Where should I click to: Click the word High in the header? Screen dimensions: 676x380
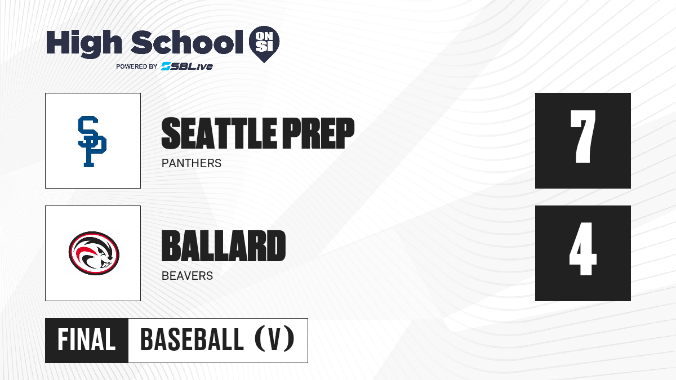point(84,43)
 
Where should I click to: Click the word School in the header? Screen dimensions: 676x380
point(187,42)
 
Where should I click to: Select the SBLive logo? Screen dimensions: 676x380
point(186,66)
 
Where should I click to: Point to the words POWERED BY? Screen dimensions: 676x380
point(137,66)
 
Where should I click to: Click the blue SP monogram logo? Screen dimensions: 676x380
point(92,141)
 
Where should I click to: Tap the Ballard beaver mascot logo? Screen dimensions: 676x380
point(94,253)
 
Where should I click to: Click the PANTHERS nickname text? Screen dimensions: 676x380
point(192,163)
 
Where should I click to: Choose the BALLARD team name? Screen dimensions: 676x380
point(224,246)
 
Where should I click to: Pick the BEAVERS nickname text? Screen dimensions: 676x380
point(187,276)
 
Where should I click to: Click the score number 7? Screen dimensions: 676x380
point(582,136)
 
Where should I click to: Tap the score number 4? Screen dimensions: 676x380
point(582,249)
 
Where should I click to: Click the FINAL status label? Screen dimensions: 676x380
point(87,340)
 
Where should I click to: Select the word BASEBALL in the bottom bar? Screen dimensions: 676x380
point(192,340)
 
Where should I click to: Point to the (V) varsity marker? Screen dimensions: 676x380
point(274,339)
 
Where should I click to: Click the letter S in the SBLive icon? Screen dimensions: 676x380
point(166,66)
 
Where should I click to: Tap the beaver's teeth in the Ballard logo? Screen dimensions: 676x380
point(106,265)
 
